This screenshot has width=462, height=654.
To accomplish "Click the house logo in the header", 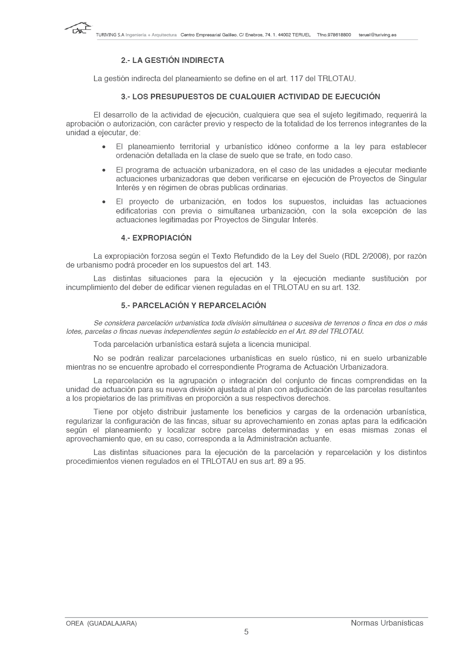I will (77, 28).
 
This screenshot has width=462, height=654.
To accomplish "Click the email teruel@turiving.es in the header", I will (377, 35).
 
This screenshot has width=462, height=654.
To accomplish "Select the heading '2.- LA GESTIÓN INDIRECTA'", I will (172, 60).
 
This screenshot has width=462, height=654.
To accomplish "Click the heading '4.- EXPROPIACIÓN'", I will (156, 238).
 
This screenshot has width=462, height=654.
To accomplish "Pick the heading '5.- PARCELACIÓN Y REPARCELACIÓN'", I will (193, 305).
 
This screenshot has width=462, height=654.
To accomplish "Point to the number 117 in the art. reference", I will (297, 78).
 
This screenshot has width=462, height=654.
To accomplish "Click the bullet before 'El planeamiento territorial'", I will (104, 147).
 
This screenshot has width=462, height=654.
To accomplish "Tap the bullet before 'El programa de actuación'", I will (104, 170).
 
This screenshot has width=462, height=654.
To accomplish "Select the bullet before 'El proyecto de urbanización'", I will (104, 202).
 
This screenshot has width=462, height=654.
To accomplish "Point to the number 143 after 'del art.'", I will (264, 265).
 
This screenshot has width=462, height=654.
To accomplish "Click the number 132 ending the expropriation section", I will (353, 287).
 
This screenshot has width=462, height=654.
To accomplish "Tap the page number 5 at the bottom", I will (246, 632).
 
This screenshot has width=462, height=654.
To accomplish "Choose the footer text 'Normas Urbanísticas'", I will (387, 623).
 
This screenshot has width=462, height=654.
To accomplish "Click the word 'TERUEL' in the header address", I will (301, 35).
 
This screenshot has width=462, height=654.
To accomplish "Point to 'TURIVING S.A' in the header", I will (110, 35).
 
